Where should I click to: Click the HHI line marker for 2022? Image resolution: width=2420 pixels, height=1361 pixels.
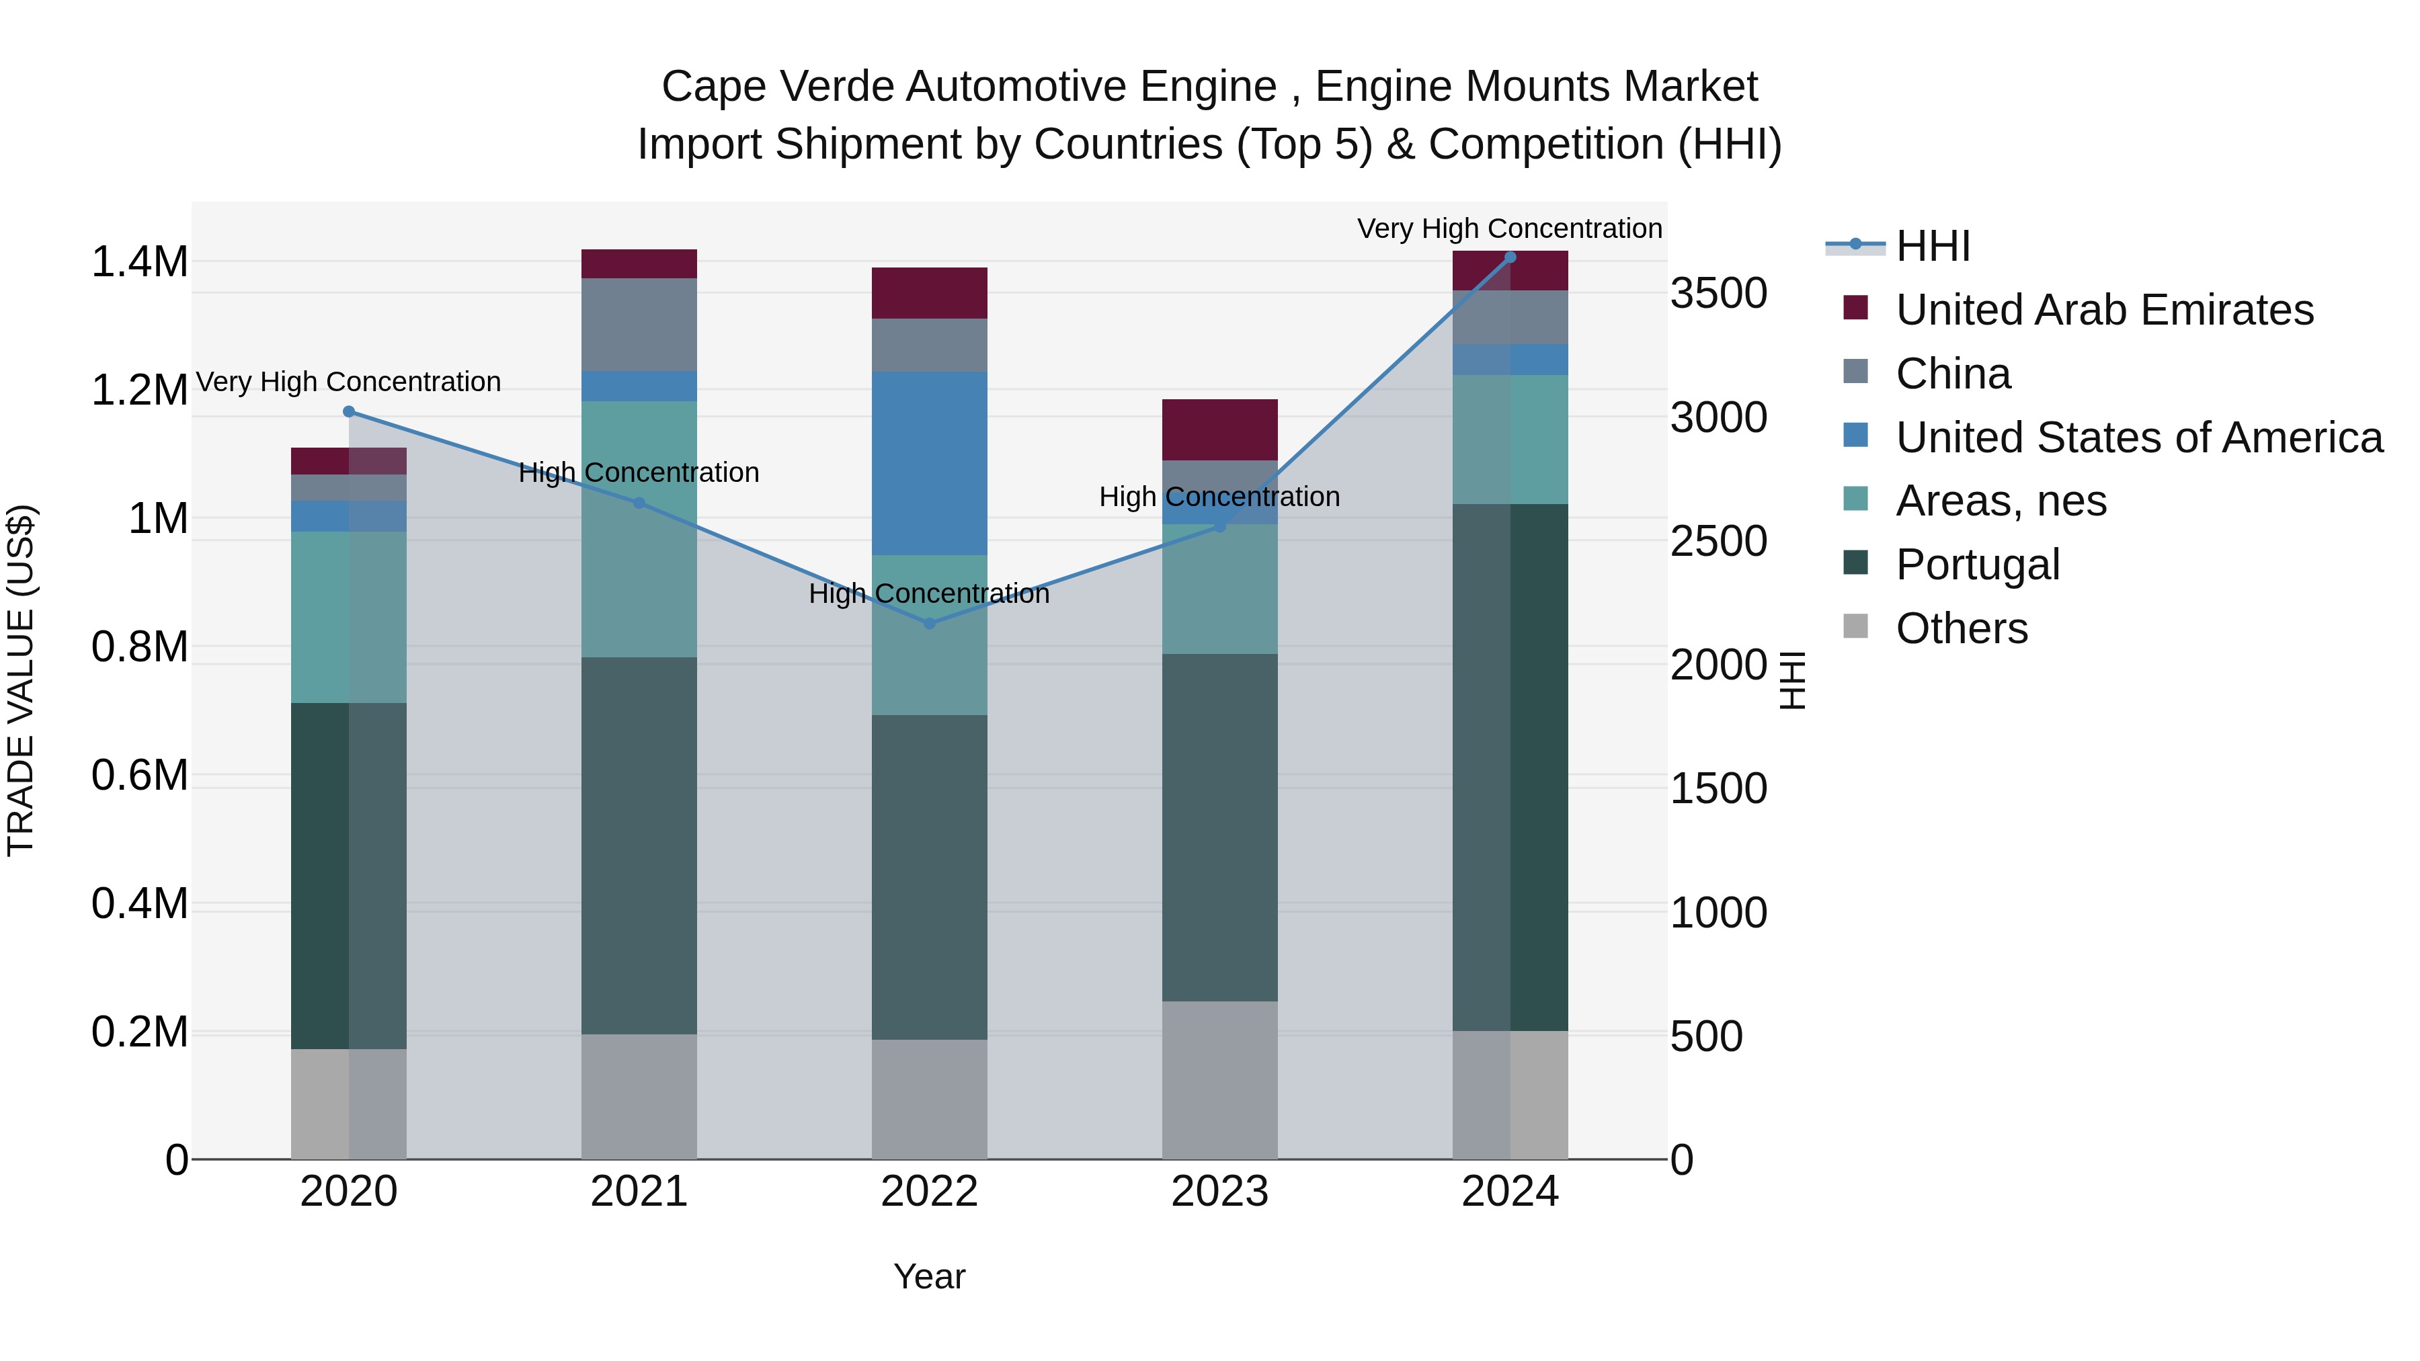click(929, 624)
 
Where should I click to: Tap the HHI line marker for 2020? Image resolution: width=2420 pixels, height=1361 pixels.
click(348, 411)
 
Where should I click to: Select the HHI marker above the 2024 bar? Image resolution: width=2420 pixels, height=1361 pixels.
click(1510, 257)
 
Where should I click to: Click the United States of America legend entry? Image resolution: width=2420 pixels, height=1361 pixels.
click(2138, 438)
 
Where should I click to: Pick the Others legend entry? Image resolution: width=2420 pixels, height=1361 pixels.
click(1961, 628)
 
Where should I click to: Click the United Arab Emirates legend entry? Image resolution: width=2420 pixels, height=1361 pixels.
click(2103, 310)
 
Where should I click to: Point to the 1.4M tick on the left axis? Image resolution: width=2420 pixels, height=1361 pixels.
click(139, 262)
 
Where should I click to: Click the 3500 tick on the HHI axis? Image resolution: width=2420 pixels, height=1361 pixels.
click(1718, 293)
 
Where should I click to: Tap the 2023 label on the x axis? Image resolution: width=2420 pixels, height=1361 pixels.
click(1219, 1192)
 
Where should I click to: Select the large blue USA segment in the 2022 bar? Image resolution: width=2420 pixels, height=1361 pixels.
click(929, 463)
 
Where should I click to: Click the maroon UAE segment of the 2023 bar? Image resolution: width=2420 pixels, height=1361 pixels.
click(1219, 429)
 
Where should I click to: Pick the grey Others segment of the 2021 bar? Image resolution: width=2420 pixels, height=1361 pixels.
click(639, 1096)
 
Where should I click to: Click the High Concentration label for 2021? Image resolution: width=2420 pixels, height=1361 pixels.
click(639, 472)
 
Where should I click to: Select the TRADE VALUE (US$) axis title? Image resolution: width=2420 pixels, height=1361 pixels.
click(21, 680)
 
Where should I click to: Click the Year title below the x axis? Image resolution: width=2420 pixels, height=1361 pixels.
click(929, 1276)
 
